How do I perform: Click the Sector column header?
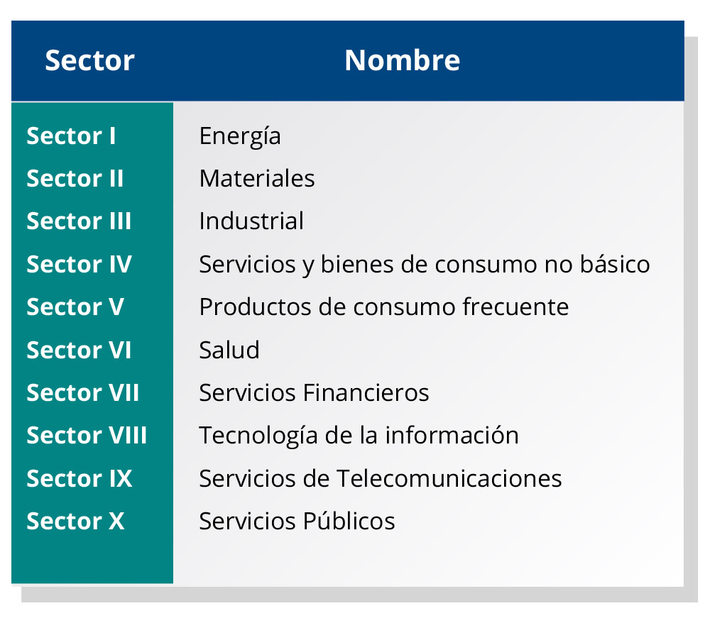[89, 60]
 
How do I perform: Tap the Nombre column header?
[402, 60]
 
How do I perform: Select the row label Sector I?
[71, 136]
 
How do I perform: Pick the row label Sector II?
[75, 178]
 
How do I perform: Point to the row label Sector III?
[79, 221]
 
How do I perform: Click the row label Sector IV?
[80, 264]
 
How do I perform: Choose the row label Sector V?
[75, 307]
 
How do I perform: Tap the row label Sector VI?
[79, 350]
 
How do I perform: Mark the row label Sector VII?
[83, 392]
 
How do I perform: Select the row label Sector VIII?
[87, 435]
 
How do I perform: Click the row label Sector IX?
[80, 478]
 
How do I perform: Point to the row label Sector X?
[75, 521]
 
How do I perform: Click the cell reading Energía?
[240, 137]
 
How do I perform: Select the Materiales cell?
[257, 178]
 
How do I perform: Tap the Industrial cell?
[251, 221]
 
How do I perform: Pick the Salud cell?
[229, 350]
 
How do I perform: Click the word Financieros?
[366, 392]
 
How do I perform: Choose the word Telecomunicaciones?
[449, 478]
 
